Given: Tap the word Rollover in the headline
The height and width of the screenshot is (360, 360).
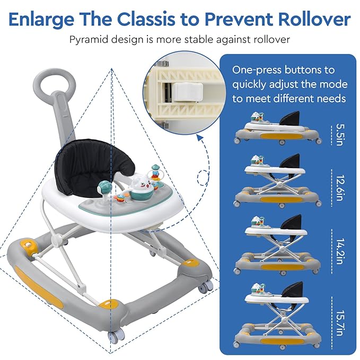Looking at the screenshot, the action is tap(314, 19).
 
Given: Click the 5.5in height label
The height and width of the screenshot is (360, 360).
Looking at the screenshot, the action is tap(340, 135).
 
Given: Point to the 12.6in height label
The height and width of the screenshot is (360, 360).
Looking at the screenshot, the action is tap(340, 188).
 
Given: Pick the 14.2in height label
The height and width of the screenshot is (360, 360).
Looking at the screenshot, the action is tap(340, 251).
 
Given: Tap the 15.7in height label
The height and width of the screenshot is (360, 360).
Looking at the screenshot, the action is tap(340, 323).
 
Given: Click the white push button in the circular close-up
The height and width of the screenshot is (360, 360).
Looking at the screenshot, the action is tap(188, 92).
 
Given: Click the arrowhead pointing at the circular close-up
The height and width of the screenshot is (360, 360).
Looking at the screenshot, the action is tap(200, 138).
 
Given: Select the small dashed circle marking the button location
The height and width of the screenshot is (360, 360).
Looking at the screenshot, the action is tap(203, 178).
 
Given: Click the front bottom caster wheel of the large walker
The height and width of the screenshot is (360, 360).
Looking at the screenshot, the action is tap(116, 338).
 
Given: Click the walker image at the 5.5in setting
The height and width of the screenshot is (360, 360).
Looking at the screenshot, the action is tap(278, 128).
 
